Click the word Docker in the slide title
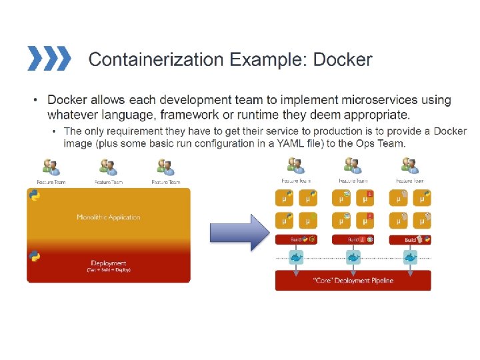click(x=343, y=60)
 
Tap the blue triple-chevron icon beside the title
click(x=49, y=59)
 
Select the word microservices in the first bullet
click(x=379, y=101)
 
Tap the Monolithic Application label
click(x=109, y=217)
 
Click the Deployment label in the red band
click(x=109, y=263)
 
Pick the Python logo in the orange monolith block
click(x=34, y=195)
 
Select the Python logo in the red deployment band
click(x=34, y=256)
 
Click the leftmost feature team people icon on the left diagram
click(x=51, y=167)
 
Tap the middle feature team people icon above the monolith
click(x=108, y=167)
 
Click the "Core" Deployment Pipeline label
click(x=353, y=281)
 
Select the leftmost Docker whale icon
click(x=296, y=257)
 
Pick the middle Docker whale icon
click(x=353, y=257)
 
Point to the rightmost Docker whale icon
click(x=410, y=257)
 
